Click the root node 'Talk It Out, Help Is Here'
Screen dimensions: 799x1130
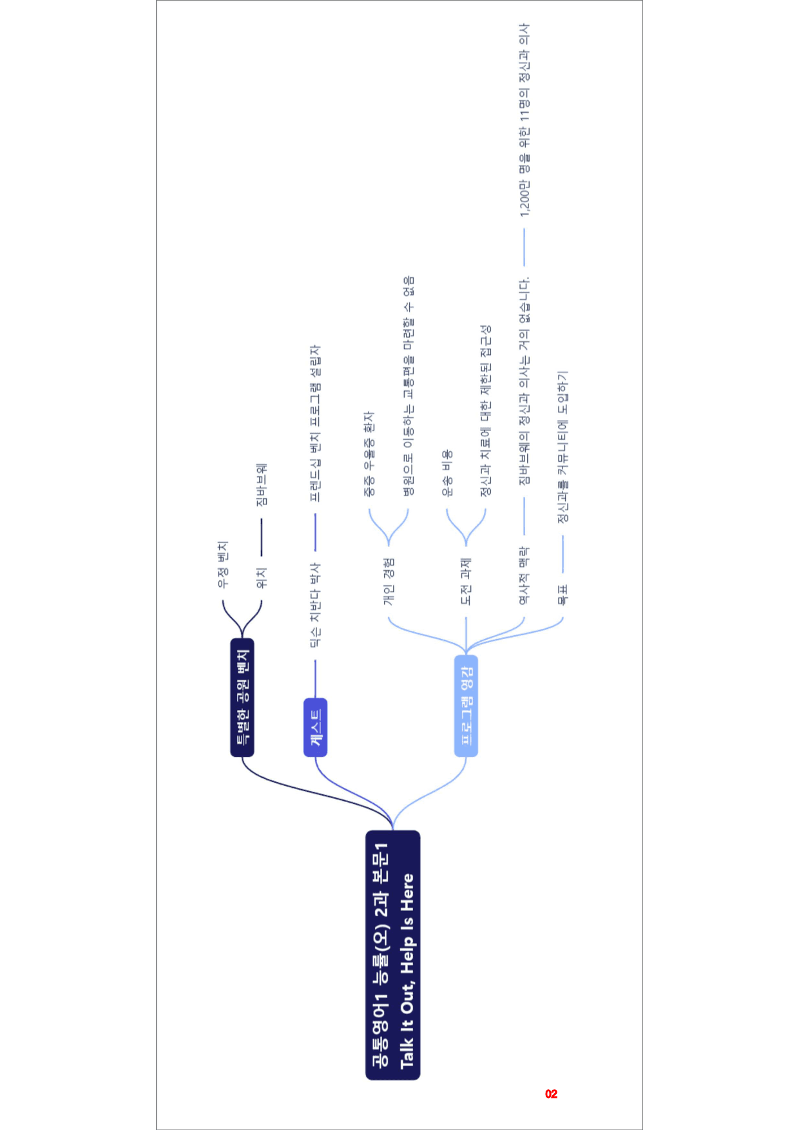tap(393, 955)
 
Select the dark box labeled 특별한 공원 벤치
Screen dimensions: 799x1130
tap(242, 697)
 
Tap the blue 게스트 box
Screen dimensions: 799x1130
tap(315, 727)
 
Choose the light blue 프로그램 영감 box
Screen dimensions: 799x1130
tap(466, 705)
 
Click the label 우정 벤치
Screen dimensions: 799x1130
tap(222, 564)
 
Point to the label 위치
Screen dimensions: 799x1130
tap(261, 578)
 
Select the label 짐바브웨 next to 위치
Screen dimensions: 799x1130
tap(261, 484)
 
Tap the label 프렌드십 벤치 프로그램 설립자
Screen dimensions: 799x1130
tap(315, 423)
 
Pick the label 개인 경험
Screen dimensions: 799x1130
tap(389, 582)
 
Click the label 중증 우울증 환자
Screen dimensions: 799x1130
tap(369, 454)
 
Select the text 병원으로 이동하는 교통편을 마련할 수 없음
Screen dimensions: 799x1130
tap(409, 386)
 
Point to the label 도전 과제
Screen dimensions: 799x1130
tap(466, 582)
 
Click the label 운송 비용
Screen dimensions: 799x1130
tap(447, 474)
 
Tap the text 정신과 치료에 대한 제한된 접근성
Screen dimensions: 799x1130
tap(486, 410)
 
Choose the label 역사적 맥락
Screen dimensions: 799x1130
tap(524, 576)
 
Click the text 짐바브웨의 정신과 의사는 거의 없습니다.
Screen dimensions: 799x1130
tap(524, 381)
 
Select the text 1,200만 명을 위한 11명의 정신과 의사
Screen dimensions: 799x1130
tap(525, 120)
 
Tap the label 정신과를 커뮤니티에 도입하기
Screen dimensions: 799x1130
tap(563, 447)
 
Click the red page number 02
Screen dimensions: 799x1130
tap(551, 1094)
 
